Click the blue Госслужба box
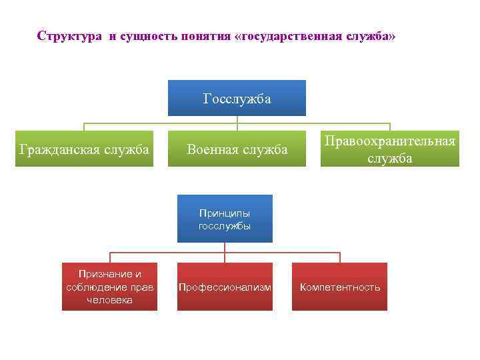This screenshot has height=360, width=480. tap(237, 99)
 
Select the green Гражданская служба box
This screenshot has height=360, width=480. tap(84, 149)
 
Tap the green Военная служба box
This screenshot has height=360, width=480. tap(237, 149)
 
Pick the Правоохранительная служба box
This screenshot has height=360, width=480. tap(390, 149)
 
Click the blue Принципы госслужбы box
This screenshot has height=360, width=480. tap(225, 219)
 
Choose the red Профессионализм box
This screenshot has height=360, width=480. tap(225, 287)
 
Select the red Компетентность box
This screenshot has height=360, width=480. tap(340, 287)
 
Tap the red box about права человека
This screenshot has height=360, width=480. tap(110, 287)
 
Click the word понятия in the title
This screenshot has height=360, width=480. tap(201, 35)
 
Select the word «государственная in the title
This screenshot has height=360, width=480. tap(291, 35)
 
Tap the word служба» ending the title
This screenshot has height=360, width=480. tap(375, 35)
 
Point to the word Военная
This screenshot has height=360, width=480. tap(212, 149)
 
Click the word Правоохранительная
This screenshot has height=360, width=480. tap(390, 141)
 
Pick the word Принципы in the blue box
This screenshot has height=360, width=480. tap(225, 213)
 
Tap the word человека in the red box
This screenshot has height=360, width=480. tap(110, 300)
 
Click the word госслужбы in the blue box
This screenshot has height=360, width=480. tap(225, 226)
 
